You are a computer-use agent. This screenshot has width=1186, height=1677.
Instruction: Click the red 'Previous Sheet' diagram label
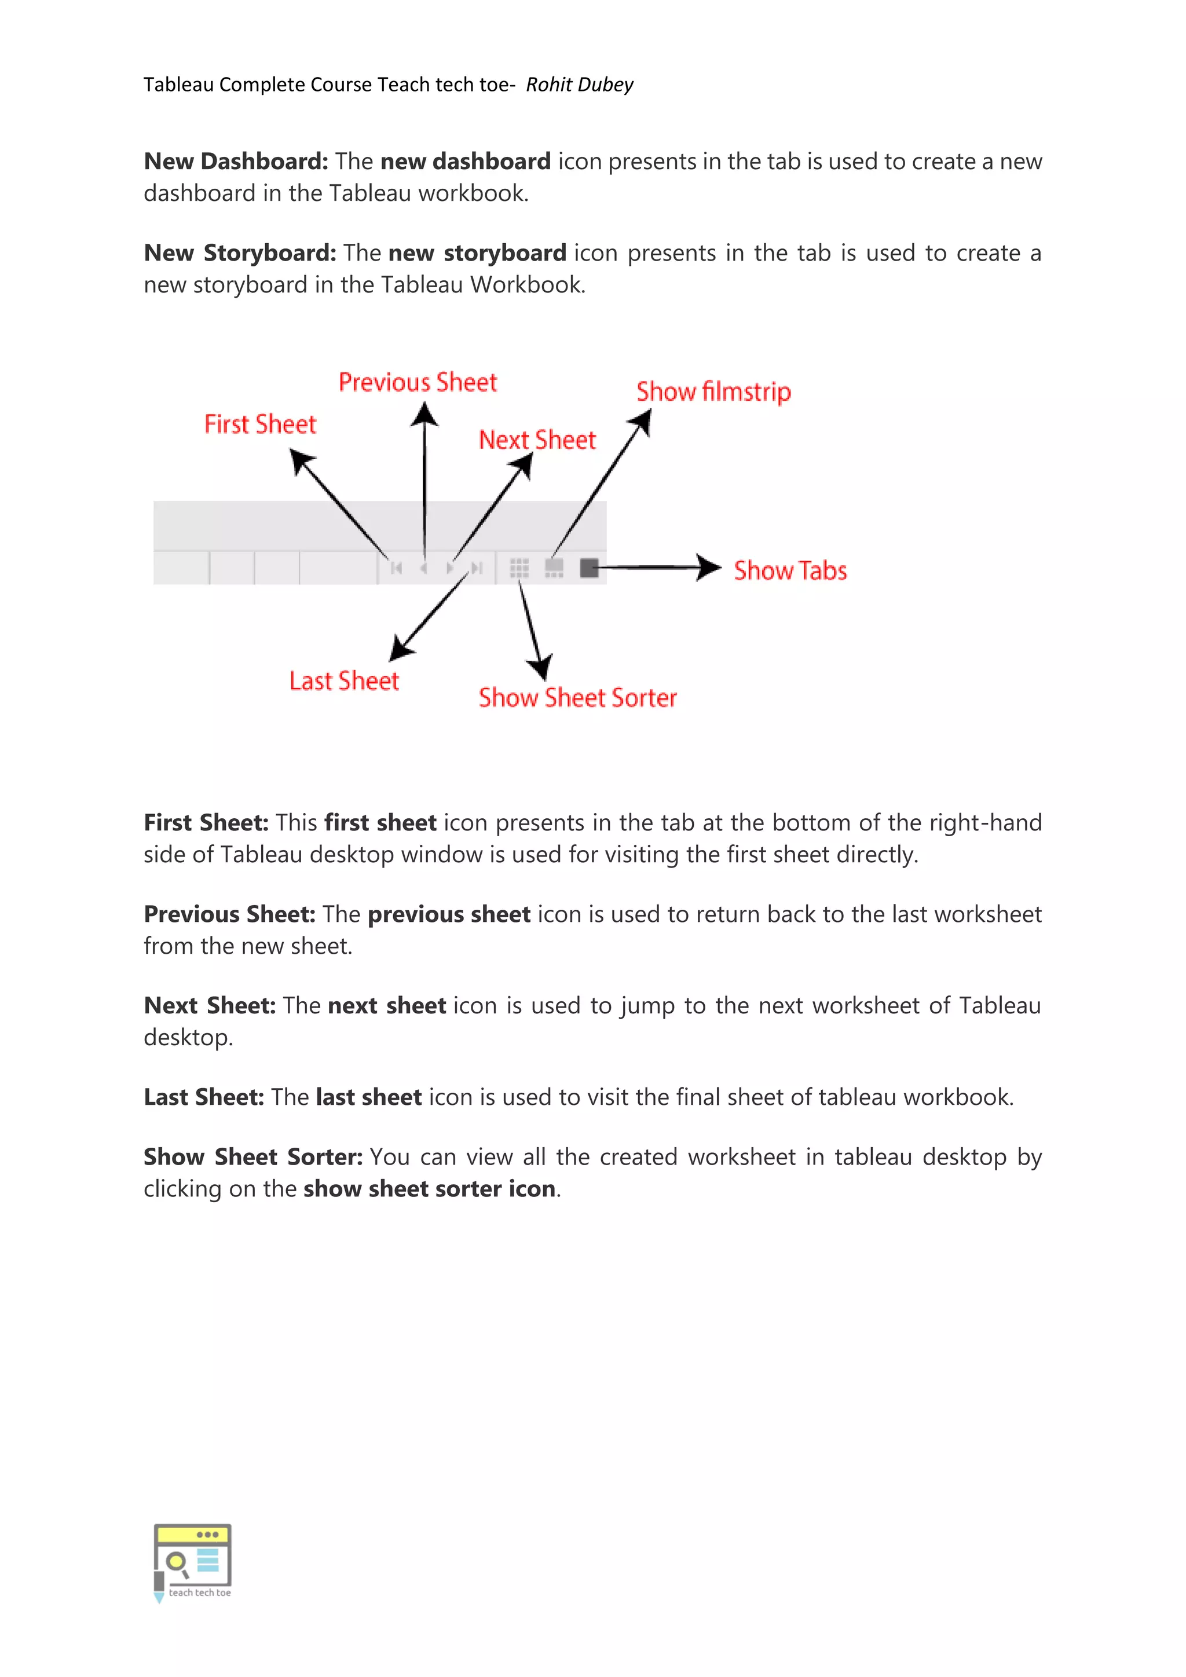[418, 382]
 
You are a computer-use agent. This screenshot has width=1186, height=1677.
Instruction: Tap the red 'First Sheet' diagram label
[260, 424]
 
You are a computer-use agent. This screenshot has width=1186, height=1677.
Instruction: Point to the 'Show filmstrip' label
[713, 391]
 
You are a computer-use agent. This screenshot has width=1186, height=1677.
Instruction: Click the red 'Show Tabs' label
[790, 570]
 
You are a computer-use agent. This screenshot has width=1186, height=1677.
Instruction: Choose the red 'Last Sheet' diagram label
[344, 681]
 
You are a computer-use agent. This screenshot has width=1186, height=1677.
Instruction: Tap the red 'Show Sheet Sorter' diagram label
[578, 698]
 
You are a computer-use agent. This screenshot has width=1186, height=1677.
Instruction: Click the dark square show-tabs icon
[588, 567]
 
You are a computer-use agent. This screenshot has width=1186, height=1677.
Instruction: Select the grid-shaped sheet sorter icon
[519, 567]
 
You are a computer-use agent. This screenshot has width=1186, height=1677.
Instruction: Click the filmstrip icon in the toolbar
[554, 567]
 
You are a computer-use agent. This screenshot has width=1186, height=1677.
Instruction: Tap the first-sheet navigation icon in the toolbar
[397, 567]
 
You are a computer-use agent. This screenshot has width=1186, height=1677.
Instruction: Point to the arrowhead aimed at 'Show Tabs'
[708, 567]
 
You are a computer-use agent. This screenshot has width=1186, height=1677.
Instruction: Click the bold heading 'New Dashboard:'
[236, 162]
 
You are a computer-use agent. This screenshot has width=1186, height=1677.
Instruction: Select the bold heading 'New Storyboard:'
[240, 252]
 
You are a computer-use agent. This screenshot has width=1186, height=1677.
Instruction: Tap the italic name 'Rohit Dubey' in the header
[579, 85]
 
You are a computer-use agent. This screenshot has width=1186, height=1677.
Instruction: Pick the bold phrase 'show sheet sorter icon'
[430, 1188]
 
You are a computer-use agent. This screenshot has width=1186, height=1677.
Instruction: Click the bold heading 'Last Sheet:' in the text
[204, 1097]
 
